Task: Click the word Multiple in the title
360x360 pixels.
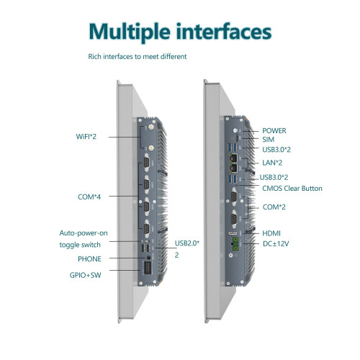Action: coord(130,32)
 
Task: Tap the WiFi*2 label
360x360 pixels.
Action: coord(86,137)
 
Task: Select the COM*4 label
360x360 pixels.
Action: coord(89,197)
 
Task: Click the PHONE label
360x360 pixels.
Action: coord(89,259)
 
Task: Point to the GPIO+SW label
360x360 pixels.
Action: coord(85,275)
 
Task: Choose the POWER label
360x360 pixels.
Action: coord(274,131)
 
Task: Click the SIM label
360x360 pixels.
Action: coord(268,140)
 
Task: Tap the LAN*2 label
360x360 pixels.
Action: coord(272,163)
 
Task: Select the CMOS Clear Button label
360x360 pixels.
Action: coord(292,189)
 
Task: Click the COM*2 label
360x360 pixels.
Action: coord(274,207)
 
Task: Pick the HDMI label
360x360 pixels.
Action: coord(271,233)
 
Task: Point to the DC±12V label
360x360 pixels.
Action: coord(276,244)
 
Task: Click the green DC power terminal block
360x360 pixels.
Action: coord(235,243)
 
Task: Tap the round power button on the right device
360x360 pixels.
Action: coord(235,130)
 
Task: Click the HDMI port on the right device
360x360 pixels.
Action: coord(233,233)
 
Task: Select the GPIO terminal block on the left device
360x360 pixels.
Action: coord(147,269)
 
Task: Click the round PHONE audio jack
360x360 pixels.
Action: coord(149,257)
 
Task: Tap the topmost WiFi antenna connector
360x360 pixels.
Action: coord(152,127)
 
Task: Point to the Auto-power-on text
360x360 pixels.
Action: coord(84,233)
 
